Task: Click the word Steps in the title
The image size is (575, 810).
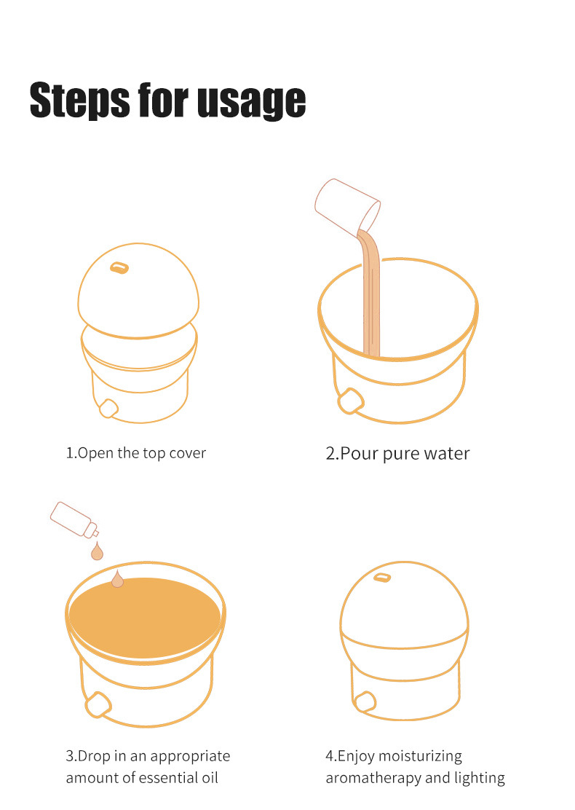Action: click(x=80, y=101)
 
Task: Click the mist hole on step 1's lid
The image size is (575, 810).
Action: click(x=119, y=267)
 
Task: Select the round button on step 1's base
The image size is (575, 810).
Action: click(x=108, y=408)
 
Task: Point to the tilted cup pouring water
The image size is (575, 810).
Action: click(x=347, y=205)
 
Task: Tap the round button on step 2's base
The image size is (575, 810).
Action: click(x=351, y=401)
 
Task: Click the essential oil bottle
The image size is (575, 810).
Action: click(x=74, y=519)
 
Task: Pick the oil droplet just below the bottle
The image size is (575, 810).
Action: click(x=97, y=551)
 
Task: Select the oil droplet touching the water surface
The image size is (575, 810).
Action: click(x=118, y=579)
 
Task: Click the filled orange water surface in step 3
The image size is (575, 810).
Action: click(x=145, y=618)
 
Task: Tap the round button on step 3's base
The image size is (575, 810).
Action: click(x=98, y=704)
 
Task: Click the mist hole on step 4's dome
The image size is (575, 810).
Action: click(x=382, y=577)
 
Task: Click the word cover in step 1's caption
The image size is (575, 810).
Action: click(x=187, y=453)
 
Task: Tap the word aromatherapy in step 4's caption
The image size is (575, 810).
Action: click(x=373, y=779)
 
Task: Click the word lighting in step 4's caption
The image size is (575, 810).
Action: click(x=480, y=779)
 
